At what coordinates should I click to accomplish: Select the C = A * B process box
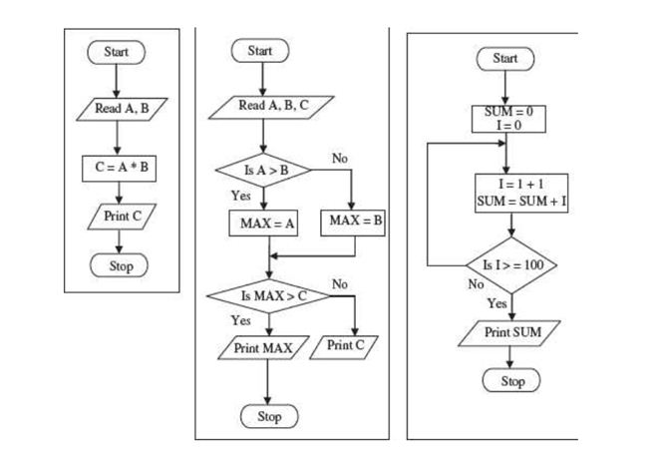118,166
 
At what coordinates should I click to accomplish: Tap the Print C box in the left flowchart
118,217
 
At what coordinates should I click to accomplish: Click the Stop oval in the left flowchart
118,265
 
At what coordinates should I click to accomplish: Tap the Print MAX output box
261,348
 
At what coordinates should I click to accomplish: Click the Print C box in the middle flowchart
346,345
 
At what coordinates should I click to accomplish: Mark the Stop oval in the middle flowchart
269,416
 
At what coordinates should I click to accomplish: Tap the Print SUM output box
511,330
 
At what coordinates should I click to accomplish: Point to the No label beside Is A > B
340,159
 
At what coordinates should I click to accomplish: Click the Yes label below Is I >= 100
496,302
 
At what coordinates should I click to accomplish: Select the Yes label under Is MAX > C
240,320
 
